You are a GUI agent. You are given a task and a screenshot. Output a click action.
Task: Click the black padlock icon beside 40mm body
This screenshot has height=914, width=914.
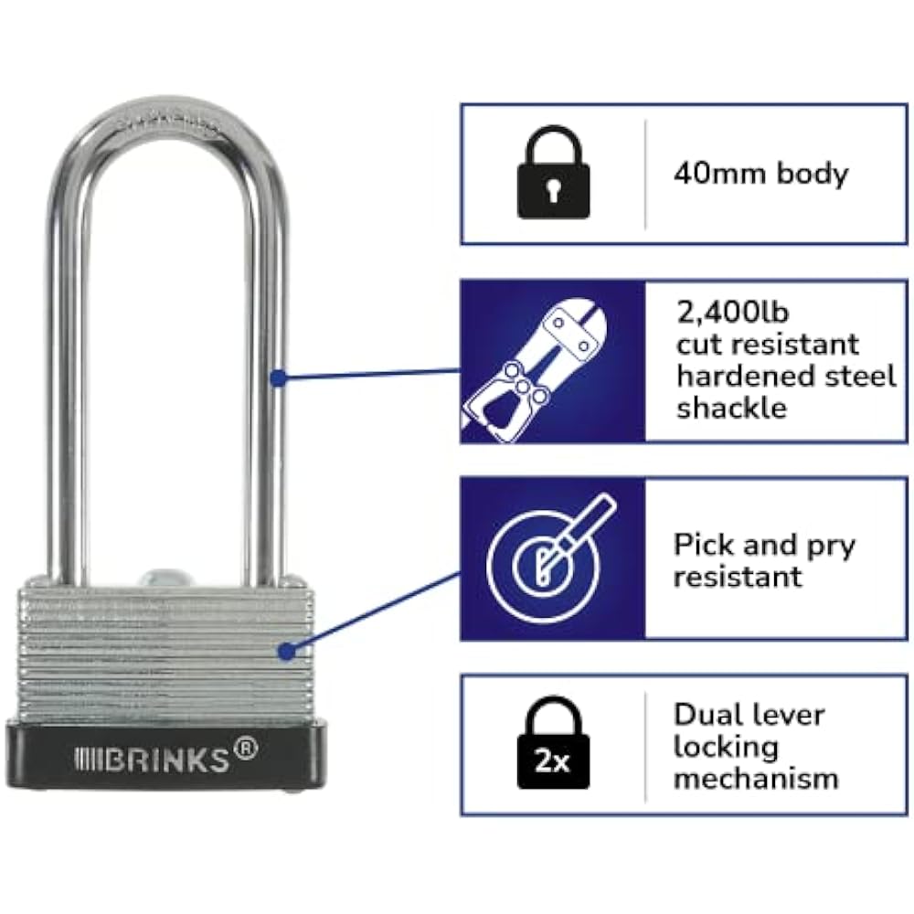tap(552, 174)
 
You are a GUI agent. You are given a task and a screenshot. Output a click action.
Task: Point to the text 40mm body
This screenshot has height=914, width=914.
tap(760, 174)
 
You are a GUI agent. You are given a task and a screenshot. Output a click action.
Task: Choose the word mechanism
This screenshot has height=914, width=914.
tap(756, 778)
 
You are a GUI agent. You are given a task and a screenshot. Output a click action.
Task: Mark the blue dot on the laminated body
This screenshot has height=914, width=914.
tap(287, 653)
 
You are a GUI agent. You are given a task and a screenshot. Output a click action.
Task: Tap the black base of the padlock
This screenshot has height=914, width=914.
tap(165, 759)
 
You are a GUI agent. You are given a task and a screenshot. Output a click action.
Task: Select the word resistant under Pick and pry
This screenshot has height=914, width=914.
tap(738, 577)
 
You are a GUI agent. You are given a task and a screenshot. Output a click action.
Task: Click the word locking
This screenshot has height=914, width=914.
tap(726, 746)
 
